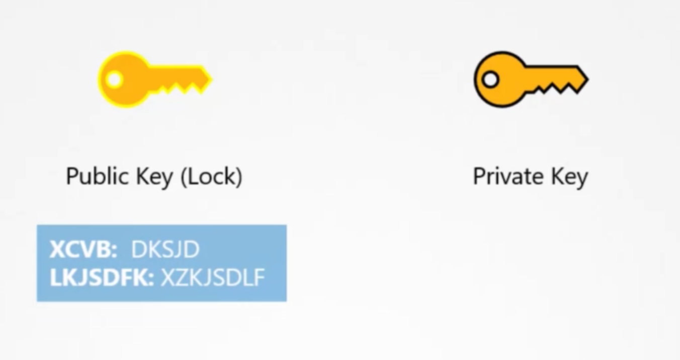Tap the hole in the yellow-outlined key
[114, 79]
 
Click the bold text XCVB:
[83, 249]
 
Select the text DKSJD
[165, 249]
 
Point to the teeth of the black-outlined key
[553, 89]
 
